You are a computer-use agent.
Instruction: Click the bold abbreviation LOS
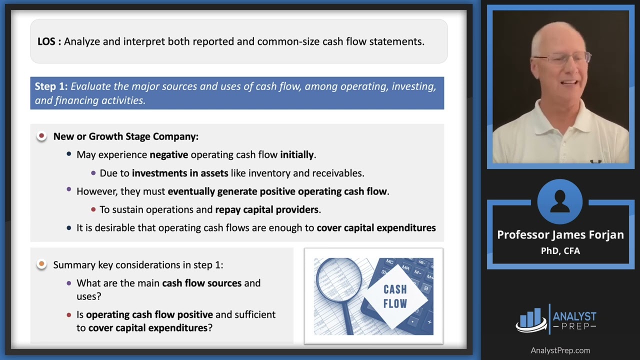click(x=46, y=41)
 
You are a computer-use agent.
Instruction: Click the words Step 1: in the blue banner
click(x=51, y=86)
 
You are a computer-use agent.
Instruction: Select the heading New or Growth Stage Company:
click(x=126, y=136)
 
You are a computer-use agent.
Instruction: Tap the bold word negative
click(x=169, y=155)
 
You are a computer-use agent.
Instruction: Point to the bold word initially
click(x=297, y=155)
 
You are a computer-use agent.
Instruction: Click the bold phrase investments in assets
click(x=180, y=173)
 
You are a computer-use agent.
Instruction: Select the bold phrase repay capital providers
click(x=267, y=209)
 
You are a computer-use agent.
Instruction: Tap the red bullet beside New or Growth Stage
click(x=41, y=135)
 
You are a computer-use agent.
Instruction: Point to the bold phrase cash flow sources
click(x=201, y=283)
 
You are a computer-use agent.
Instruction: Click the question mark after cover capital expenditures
click(x=210, y=327)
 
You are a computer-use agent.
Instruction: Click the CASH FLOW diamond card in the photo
click(x=396, y=296)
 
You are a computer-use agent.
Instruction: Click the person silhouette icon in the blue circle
click(x=559, y=201)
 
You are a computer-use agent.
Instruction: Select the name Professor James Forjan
click(x=560, y=235)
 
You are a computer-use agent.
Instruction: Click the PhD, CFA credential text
click(x=560, y=251)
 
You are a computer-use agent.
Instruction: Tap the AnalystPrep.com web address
click(x=560, y=350)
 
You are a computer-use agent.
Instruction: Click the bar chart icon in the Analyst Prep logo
click(x=531, y=320)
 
